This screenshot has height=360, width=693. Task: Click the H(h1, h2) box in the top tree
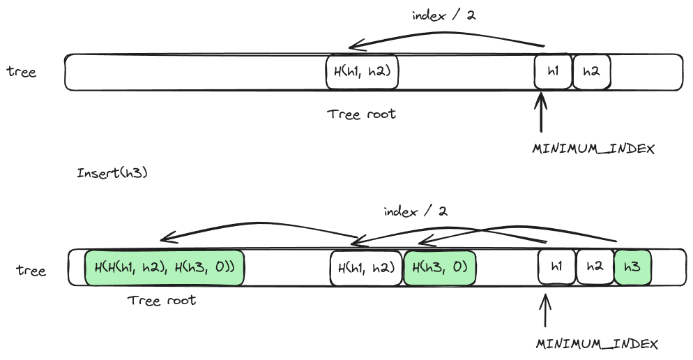click(x=362, y=72)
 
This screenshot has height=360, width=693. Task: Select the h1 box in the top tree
click(x=552, y=72)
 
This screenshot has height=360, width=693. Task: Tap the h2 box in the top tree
click(x=591, y=72)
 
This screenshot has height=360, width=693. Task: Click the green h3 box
click(x=632, y=268)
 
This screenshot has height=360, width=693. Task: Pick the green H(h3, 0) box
click(x=440, y=268)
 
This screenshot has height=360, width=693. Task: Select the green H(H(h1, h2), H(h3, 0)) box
click(x=165, y=268)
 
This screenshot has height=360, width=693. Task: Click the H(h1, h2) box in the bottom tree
click(x=366, y=268)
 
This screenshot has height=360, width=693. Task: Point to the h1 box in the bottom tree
click(x=556, y=268)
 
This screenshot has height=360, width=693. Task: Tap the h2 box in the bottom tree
click(x=595, y=268)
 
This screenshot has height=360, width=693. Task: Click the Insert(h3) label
click(x=112, y=173)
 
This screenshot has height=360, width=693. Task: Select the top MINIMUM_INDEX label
click(x=593, y=149)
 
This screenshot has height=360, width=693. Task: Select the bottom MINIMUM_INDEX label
click(x=597, y=345)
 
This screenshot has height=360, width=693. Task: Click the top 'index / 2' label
click(x=443, y=15)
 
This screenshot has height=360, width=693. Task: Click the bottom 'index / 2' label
click(x=416, y=211)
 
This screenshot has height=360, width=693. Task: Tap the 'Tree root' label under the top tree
click(x=361, y=114)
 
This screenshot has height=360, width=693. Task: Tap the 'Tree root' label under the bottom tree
click(x=162, y=301)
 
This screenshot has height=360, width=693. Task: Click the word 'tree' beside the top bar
click(x=22, y=72)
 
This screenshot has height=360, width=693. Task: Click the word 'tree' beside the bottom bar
click(x=31, y=270)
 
